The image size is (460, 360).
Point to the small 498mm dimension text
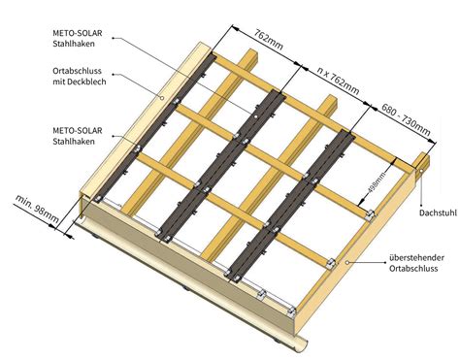[374, 180]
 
